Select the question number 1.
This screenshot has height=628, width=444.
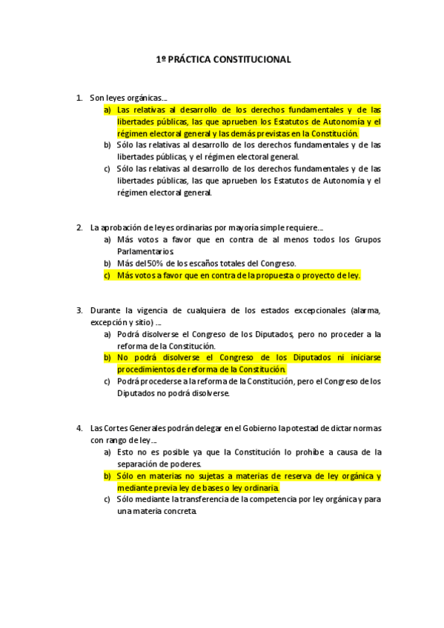pos(79,97)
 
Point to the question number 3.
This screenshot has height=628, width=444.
pos(79,310)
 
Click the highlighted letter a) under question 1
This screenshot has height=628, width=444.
pos(107,110)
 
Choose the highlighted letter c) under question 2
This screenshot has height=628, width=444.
pos(107,275)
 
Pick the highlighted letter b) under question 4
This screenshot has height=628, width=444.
pos(107,476)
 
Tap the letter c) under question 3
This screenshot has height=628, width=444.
pos(107,381)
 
